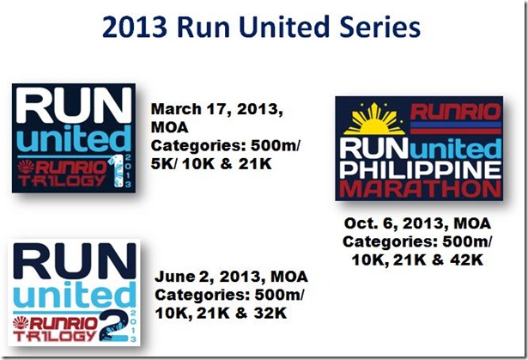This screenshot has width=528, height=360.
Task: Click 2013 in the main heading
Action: tap(134, 27)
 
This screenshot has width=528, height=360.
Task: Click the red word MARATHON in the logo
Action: tap(420, 190)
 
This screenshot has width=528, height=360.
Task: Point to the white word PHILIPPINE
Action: tap(420, 170)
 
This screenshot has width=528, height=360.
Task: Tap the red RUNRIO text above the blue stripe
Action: tap(456, 112)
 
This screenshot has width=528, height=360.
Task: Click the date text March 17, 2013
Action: tap(217, 110)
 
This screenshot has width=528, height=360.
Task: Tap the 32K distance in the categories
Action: tap(270, 313)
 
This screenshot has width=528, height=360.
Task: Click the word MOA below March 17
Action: tap(169, 128)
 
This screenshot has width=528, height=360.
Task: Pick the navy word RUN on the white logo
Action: tap(75, 261)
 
